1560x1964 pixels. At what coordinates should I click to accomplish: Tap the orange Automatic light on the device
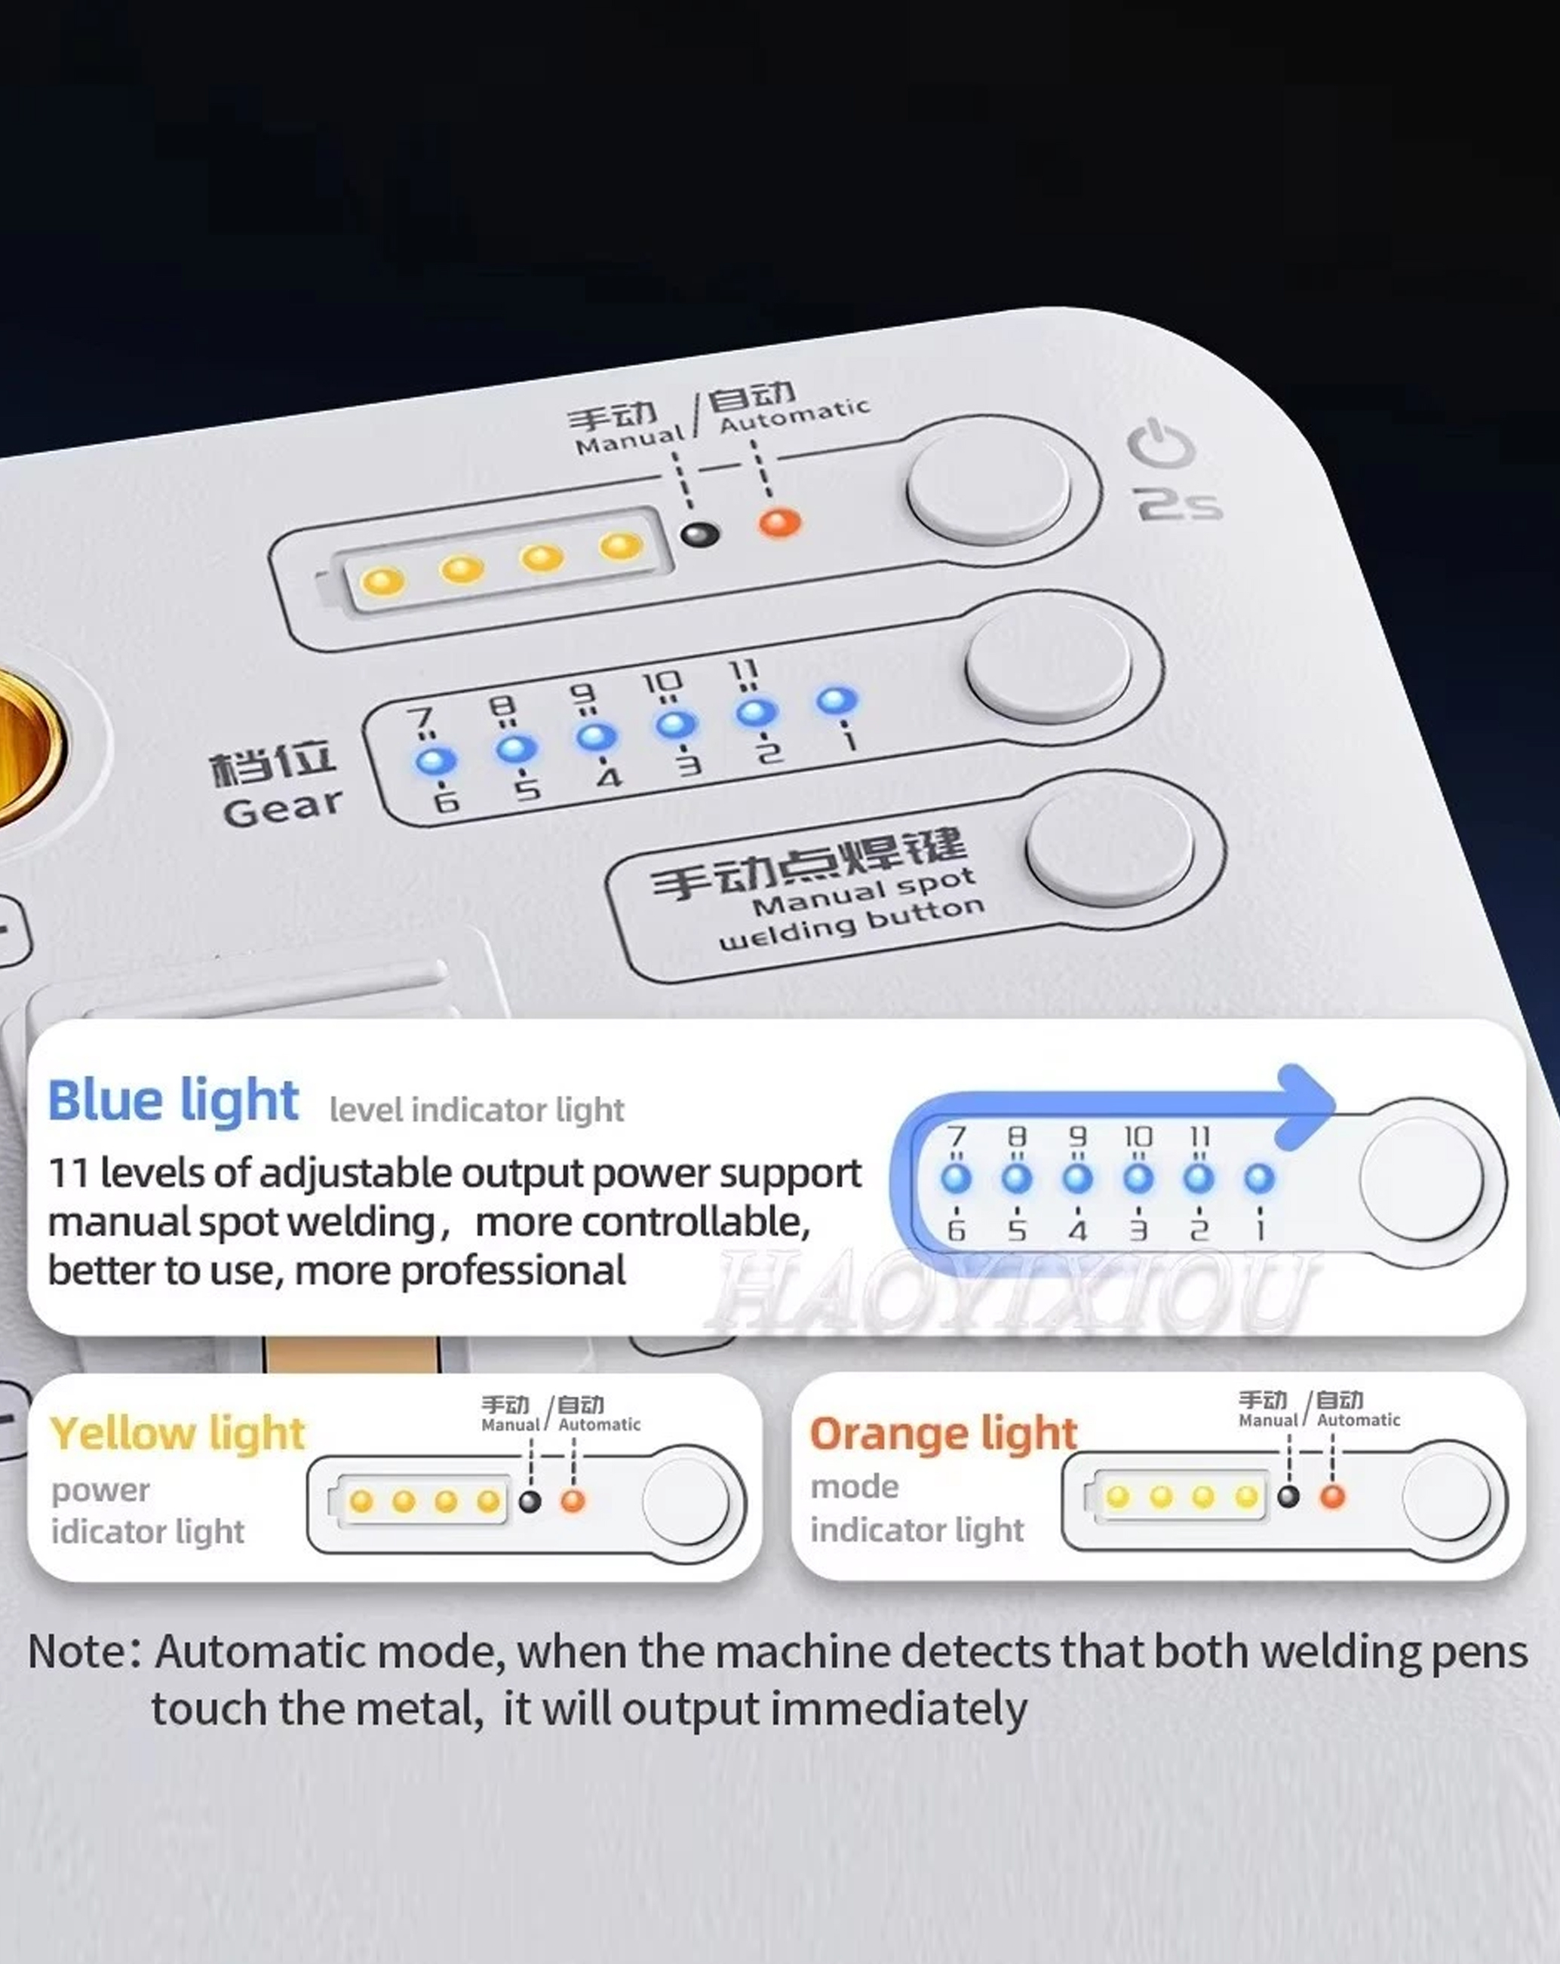coord(780,523)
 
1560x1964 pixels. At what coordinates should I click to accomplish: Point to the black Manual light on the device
coord(700,534)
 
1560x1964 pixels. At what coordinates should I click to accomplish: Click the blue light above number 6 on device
coord(435,761)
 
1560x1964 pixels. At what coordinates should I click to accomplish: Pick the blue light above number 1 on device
coord(837,701)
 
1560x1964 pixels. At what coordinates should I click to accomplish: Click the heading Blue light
coord(174,1100)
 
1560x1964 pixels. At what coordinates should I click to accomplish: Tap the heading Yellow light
coord(178,1433)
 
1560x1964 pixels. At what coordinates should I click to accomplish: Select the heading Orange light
coord(944,1434)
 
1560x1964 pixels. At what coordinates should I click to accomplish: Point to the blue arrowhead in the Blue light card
coord(1305,1106)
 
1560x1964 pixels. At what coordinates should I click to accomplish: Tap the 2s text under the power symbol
coord(1178,504)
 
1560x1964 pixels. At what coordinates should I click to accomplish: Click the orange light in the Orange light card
coord(1332,1496)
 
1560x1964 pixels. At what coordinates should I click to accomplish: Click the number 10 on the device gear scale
coord(662,683)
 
